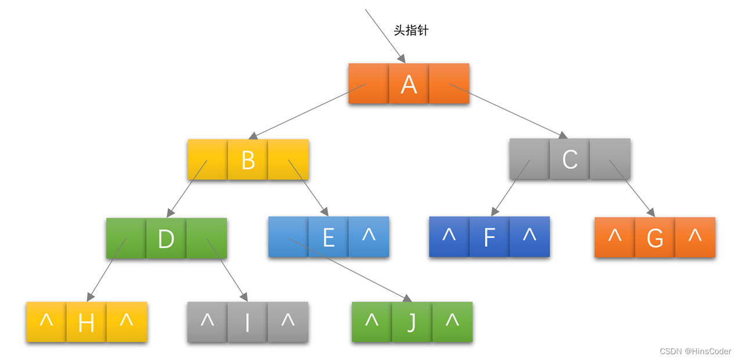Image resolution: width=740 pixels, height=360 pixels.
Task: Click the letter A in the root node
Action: (409, 85)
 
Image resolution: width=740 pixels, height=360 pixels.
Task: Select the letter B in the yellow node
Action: (248, 160)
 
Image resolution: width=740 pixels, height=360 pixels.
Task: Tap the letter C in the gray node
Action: (570, 159)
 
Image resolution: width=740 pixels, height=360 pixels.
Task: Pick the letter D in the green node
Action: (166, 239)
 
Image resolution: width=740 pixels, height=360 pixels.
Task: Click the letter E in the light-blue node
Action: (329, 237)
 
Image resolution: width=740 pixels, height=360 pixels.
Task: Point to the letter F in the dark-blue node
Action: (489, 237)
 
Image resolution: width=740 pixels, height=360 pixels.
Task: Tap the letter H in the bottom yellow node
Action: (86, 323)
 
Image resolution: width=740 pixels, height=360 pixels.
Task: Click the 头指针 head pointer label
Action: (411, 31)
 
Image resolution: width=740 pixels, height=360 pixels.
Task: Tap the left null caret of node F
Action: (449, 235)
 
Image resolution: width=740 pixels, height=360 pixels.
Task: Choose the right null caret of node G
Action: (695, 235)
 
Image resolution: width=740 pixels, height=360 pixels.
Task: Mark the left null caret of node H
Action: (46, 319)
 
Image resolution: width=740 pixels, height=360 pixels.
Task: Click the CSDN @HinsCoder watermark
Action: (695, 351)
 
